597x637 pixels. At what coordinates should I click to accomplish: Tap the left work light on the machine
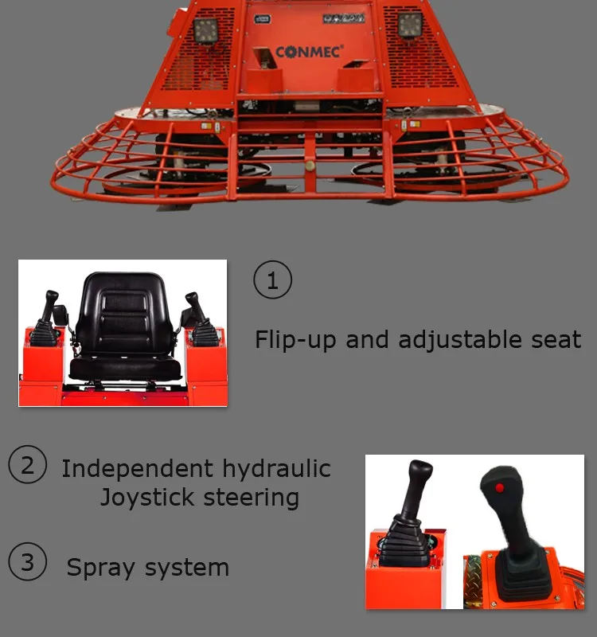pyautogui.click(x=205, y=29)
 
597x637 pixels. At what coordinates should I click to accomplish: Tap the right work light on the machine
pyautogui.click(x=410, y=27)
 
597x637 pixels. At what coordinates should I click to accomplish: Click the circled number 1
pyautogui.click(x=272, y=280)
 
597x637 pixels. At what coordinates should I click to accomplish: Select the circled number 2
pyautogui.click(x=28, y=465)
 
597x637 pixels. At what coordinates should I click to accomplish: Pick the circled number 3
pyautogui.click(x=28, y=562)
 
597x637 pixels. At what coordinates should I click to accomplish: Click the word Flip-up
pyautogui.click(x=295, y=340)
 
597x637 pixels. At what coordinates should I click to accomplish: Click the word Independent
pyautogui.click(x=137, y=468)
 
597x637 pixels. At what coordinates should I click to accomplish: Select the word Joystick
pyautogui.click(x=147, y=498)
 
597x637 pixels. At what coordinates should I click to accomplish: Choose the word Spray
pyautogui.click(x=99, y=569)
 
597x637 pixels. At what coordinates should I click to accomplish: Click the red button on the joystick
pyautogui.click(x=498, y=487)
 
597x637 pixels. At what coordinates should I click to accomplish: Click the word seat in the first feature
pyautogui.click(x=556, y=340)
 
